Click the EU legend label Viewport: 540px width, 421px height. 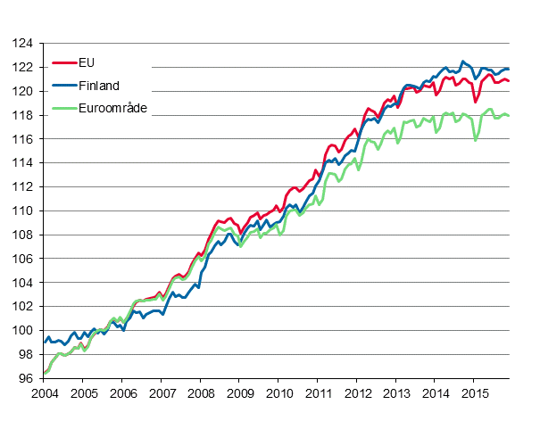point(87,62)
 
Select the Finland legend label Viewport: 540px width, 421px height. point(98,86)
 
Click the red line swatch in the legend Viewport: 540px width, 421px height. point(64,62)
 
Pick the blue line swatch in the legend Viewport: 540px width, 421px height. point(64,86)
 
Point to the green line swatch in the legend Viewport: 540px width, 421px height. point(64,108)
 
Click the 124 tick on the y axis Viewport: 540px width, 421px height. point(23,43)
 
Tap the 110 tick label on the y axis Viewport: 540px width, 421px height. point(23,210)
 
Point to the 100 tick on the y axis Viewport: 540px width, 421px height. point(23,330)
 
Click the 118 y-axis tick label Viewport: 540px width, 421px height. point(23,115)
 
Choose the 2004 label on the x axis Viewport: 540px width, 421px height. point(44,393)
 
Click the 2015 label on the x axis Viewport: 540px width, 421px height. point(474,393)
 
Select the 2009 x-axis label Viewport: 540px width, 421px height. point(239,393)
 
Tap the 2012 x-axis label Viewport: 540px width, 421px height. point(357,393)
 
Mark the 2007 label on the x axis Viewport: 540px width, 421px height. point(161,393)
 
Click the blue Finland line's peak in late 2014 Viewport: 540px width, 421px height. point(462,61)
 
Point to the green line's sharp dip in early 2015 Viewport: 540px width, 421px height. point(476,140)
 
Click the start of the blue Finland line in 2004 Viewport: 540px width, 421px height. point(44,342)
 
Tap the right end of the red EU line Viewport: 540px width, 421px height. point(509,81)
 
